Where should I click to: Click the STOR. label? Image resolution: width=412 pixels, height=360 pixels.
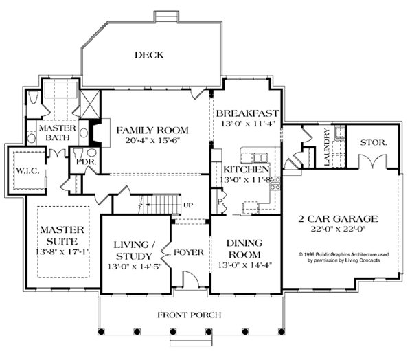click(x=374, y=143)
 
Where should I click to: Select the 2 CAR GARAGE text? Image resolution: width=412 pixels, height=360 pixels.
click(x=338, y=219)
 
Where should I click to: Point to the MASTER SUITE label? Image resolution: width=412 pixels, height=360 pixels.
click(x=61, y=236)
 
